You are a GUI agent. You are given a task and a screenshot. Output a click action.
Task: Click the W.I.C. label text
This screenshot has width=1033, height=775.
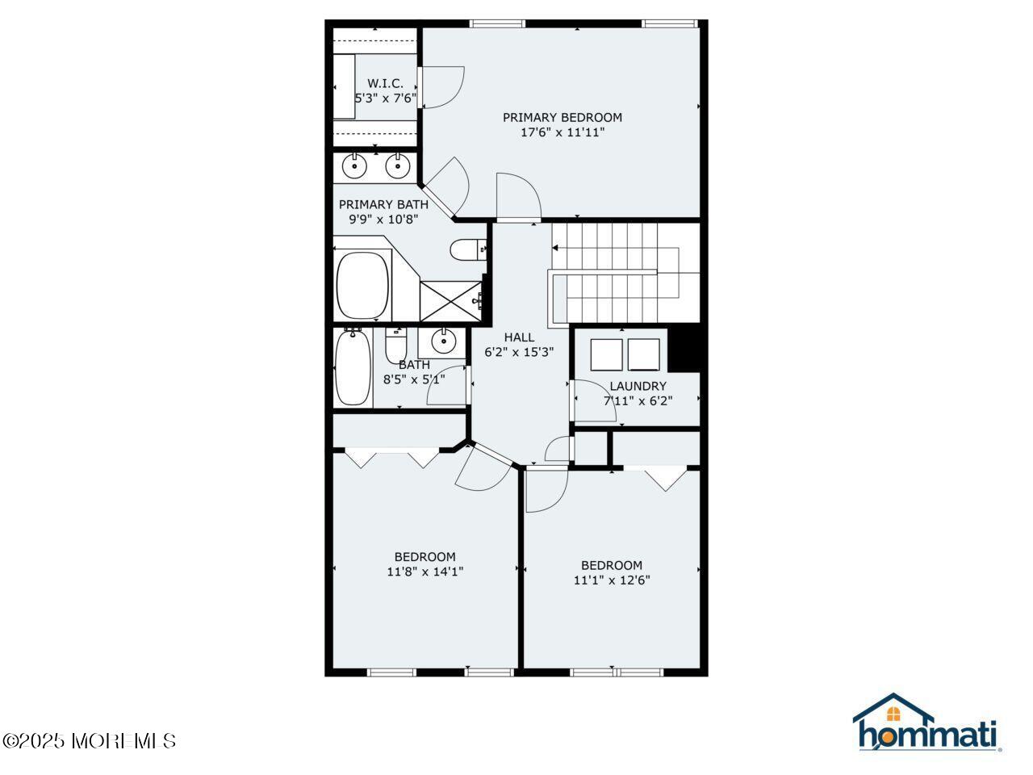(x=385, y=83)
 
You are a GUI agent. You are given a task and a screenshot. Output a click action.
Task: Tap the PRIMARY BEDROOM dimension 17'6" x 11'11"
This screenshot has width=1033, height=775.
(x=562, y=132)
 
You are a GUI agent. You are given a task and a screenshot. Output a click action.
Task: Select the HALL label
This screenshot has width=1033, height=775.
(x=519, y=337)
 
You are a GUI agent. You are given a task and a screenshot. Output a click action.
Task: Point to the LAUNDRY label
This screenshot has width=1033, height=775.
(x=638, y=386)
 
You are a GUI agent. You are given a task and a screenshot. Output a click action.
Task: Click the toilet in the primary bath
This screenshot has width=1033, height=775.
(x=468, y=249)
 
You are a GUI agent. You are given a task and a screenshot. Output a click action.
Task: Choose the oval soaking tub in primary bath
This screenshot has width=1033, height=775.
(x=363, y=285)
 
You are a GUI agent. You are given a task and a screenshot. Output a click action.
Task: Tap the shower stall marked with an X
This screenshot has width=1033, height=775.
(x=450, y=301)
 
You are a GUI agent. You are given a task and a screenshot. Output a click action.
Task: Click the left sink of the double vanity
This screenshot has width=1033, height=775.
(x=354, y=166)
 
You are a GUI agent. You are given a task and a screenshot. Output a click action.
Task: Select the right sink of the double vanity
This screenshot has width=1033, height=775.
(x=398, y=166)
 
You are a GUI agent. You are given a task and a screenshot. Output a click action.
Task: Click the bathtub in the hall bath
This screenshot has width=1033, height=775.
(x=353, y=367)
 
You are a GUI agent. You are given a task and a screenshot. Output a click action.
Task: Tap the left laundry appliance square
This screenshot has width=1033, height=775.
(x=606, y=354)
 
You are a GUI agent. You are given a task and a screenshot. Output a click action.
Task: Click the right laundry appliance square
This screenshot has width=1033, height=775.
(x=644, y=354)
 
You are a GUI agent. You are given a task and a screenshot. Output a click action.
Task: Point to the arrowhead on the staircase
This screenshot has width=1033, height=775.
(x=555, y=248)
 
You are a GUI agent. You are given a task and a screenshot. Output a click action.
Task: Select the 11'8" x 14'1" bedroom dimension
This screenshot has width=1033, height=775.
(x=425, y=572)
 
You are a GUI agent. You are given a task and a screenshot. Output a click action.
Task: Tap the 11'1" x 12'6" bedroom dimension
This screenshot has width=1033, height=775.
(x=612, y=580)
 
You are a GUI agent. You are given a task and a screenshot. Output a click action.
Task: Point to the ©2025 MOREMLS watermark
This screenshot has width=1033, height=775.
(x=90, y=741)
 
